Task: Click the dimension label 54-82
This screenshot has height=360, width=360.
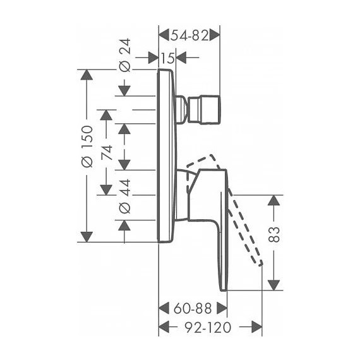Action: point(189,35)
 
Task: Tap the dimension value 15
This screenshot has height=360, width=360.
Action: point(167,57)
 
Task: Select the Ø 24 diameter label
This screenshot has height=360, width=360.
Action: point(125,55)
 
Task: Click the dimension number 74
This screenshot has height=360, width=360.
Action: point(107,152)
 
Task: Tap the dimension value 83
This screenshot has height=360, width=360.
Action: point(274,234)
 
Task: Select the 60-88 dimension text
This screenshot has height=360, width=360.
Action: point(193,309)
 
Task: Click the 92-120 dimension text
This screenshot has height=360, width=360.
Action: point(208,327)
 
